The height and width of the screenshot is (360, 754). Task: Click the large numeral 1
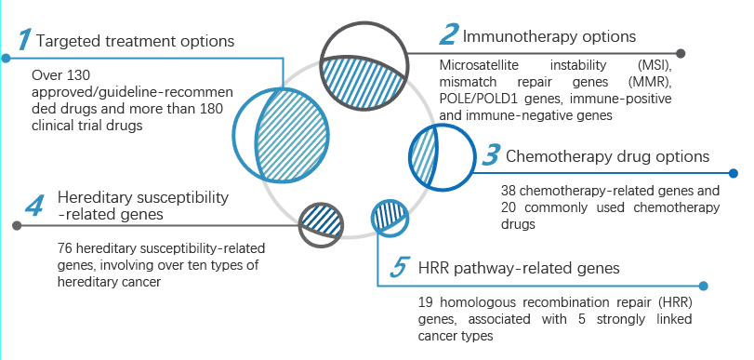(25, 39)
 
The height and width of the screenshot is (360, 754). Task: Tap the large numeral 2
(448, 34)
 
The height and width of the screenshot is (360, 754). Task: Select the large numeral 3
(491, 155)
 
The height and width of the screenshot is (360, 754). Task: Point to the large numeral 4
(34, 206)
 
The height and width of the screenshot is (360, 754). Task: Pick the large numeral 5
(399, 268)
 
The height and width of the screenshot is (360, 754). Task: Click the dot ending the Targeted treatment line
(6, 59)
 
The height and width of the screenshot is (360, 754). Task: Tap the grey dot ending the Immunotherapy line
(681, 53)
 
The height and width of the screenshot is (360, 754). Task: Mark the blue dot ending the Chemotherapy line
(734, 173)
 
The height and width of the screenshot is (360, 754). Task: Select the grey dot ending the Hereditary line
(17, 225)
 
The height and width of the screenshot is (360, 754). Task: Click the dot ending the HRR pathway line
(704, 286)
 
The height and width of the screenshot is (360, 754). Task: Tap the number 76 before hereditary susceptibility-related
(64, 248)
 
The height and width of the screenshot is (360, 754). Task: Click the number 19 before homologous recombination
(426, 302)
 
